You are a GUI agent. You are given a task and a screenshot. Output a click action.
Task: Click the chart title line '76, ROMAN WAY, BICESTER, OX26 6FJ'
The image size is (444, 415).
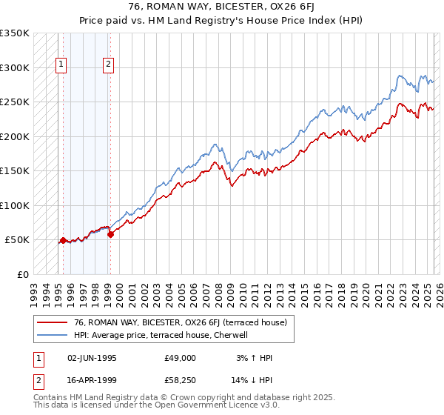pos(222,7)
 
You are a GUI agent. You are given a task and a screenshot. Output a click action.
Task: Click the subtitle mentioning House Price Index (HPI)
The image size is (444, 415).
pos(222,19)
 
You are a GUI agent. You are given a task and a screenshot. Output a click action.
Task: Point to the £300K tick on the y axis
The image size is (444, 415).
pos(15,67)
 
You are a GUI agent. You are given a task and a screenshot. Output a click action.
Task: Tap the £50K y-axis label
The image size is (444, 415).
pos(17,240)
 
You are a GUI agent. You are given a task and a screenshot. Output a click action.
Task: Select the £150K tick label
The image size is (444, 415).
pos(15,171)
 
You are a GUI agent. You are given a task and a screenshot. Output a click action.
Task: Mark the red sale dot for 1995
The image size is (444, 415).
pos(63,240)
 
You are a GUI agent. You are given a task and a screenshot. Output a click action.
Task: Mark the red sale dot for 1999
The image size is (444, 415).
pos(110,234)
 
